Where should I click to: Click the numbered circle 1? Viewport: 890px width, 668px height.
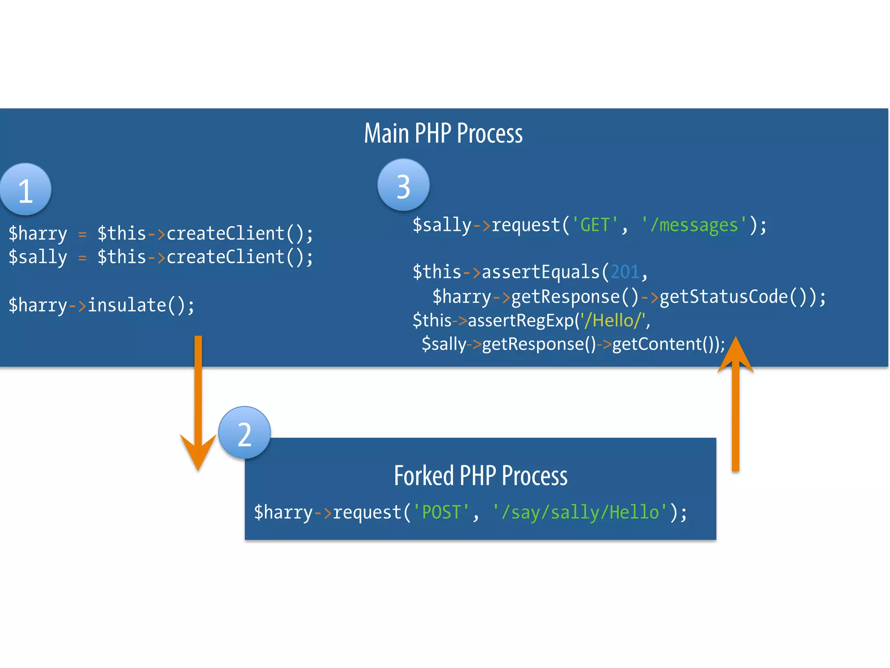25,190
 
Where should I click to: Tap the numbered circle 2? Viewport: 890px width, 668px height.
245,433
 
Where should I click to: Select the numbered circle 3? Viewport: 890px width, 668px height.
403,185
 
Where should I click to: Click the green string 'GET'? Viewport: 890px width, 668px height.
595,225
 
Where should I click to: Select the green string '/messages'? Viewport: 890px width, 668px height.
694,225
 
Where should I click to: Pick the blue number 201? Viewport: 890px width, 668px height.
625,272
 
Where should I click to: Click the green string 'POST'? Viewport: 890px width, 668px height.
441,512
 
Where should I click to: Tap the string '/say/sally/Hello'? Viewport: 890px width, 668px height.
580,512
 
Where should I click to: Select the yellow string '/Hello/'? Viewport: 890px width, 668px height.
612,321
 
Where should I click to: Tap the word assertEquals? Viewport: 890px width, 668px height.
541,272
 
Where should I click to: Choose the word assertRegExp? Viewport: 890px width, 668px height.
521,321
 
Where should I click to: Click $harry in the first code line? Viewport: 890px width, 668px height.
38,234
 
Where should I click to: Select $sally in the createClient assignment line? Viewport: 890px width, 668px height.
38,257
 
